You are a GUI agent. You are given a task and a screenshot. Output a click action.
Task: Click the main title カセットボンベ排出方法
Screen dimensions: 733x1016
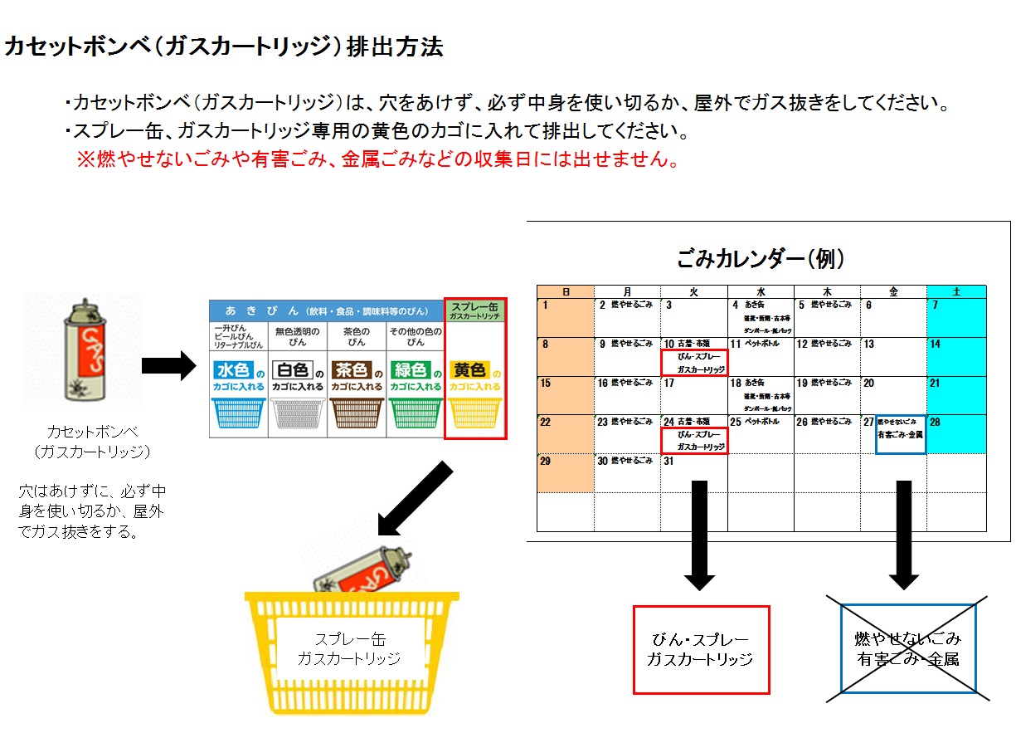tap(224, 47)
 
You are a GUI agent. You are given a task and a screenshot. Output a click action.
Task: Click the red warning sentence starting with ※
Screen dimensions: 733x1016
tap(378, 160)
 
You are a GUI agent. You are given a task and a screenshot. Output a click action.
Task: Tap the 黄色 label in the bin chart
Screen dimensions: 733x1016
tap(469, 370)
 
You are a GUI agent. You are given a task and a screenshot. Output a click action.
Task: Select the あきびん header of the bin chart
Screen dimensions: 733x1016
tap(326, 311)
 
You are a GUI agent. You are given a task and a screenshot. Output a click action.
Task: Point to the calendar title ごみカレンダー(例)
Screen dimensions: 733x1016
tap(761, 259)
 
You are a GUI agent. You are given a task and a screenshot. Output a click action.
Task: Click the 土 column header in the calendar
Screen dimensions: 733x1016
tap(956, 291)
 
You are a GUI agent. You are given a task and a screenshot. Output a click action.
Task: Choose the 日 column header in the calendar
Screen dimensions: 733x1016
tap(566, 291)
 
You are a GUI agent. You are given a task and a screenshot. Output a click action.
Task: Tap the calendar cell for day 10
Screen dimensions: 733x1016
tap(693, 356)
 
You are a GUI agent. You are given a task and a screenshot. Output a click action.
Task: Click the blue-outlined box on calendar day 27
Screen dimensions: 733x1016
tap(901, 434)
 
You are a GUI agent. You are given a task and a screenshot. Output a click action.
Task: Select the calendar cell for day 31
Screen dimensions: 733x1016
tap(693, 472)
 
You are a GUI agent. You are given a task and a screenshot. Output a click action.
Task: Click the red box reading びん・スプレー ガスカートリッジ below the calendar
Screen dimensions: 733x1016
tap(701, 649)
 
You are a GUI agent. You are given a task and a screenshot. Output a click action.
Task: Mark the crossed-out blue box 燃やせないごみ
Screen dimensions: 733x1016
tap(908, 648)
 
